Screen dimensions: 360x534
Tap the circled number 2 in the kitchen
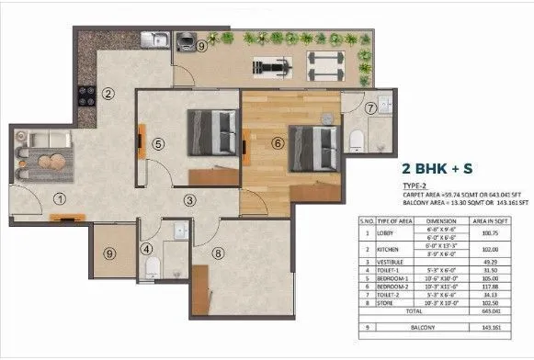[108, 92]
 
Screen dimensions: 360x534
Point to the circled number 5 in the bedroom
[158, 143]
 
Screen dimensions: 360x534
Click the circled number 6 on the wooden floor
[277, 141]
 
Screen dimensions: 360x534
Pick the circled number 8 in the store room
[218, 253]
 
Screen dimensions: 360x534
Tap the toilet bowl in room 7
[358, 139]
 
